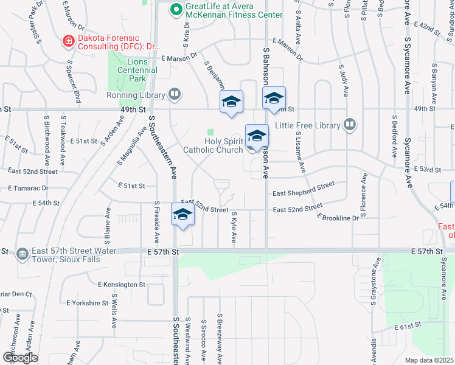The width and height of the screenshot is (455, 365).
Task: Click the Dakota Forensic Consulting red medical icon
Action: [x=69, y=41]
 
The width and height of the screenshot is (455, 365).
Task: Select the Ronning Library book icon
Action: [x=175, y=95]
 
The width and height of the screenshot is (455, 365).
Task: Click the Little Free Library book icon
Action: [x=349, y=125]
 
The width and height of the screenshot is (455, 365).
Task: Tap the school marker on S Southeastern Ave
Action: [x=182, y=215]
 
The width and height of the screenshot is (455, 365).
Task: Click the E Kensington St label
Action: [x=122, y=284]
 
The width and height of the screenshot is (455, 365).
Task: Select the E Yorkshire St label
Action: [x=88, y=302]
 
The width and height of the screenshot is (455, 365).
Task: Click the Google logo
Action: [x=20, y=357]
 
